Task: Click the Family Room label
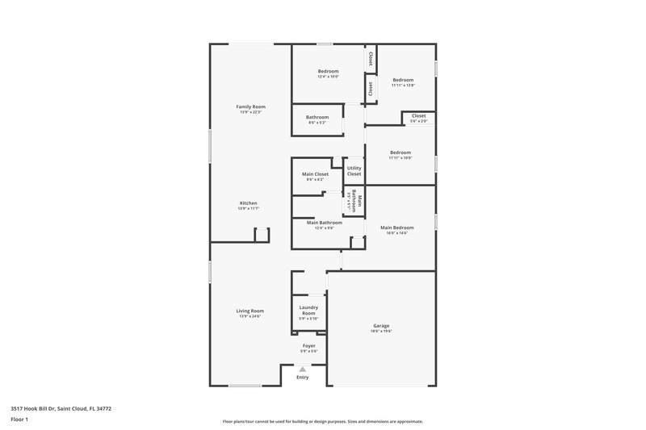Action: pyautogui.click(x=250, y=106)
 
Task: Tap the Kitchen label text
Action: pyautogui.click(x=249, y=202)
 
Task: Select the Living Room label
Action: pyautogui.click(x=250, y=311)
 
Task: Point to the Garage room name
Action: pyautogui.click(x=380, y=326)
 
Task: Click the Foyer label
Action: pyautogui.click(x=309, y=345)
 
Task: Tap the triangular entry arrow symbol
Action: pyautogui.click(x=303, y=369)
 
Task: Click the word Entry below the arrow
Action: pyautogui.click(x=303, y=378)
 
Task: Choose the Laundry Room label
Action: pyautogui.click(x=309, y=310)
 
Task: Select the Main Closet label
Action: pyautogui.click(x=315, y=174)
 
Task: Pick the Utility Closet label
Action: pyautogui.click(x=354, y=171)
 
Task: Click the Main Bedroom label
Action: pyautogui.click(x=396, y=228)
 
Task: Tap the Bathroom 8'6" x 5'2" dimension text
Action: pyautogui.click(x=317, y=123)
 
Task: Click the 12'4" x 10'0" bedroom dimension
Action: pyautogui.click(x=328, y=77)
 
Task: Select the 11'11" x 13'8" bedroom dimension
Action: pyautogui.click(x=403, y=85)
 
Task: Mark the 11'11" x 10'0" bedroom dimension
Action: pyautogui.click(x=401, y=158)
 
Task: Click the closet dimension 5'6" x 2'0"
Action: pyautogui.click(x=418, y=121)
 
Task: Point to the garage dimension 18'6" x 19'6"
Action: pyautogui.click(x=380, y=332)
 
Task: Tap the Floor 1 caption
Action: pyautogui.click(x=19, y=420)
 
